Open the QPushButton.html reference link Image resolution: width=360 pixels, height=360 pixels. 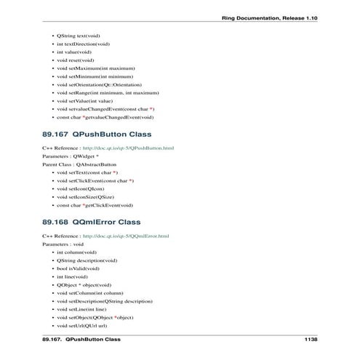[127, 148]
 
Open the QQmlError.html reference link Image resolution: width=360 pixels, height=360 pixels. [125, 235]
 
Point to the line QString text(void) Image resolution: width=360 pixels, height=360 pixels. [79, 35]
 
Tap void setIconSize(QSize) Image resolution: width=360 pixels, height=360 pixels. [87, 196]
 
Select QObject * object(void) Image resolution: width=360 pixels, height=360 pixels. [84, 285]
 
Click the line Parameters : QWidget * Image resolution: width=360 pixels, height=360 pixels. [71, 156]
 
